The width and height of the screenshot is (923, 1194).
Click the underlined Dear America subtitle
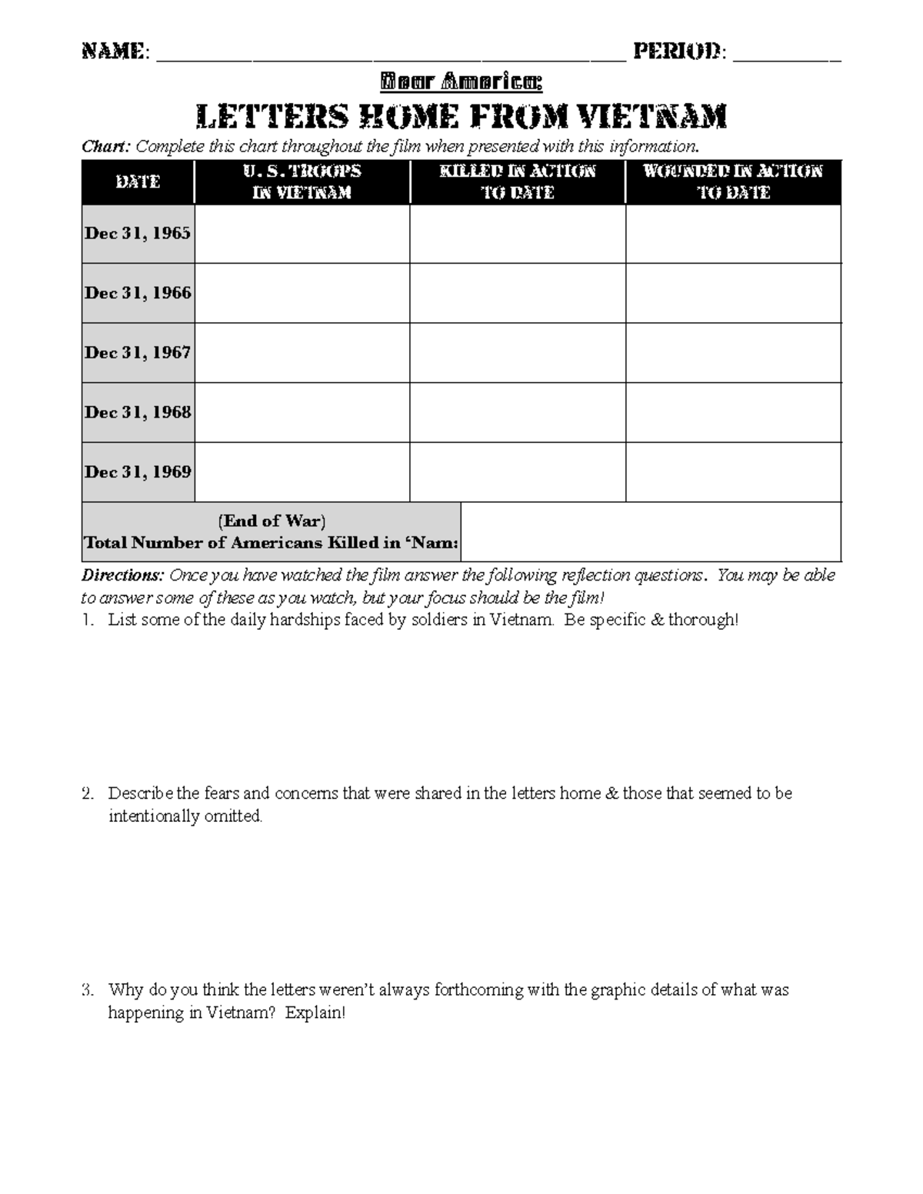[461, 81]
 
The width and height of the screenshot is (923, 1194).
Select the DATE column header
[138, 182]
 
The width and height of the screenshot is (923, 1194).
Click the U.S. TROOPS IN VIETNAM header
[302, 182]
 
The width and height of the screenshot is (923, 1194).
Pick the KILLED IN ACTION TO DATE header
[517, 182]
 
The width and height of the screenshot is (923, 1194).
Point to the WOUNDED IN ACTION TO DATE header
[733, 182]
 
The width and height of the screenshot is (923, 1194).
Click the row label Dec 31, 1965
[138, 234]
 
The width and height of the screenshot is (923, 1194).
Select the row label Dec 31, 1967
[138, 353]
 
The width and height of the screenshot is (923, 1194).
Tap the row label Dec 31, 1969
[138, 472]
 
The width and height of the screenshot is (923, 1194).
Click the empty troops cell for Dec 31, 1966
[302, 293]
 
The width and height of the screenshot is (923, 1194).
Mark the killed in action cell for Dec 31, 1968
[517, 412]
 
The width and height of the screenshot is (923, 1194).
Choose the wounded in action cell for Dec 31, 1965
[733, 234]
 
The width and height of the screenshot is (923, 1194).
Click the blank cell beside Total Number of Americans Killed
[650, 532]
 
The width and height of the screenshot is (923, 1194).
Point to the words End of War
[272, 521]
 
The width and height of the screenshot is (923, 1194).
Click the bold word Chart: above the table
[107, 147]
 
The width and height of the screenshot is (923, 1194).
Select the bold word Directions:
[122, 575]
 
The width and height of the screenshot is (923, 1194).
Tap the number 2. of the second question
[88, 793]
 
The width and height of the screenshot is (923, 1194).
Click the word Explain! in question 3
[315, 1013]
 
